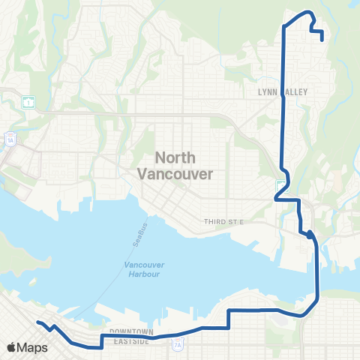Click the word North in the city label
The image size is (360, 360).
175,157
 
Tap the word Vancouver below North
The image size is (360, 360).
175,172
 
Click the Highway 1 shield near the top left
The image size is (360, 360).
28,103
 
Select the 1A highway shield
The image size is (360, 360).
10,139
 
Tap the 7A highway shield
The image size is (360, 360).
177,345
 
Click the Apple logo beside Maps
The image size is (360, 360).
12,347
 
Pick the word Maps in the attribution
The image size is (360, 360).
32,347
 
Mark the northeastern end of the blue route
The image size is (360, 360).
322,40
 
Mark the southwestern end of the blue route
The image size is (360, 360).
38,322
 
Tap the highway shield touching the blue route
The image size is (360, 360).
280,187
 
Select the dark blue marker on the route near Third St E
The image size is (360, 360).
310,235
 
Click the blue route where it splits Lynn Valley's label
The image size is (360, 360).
282,91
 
